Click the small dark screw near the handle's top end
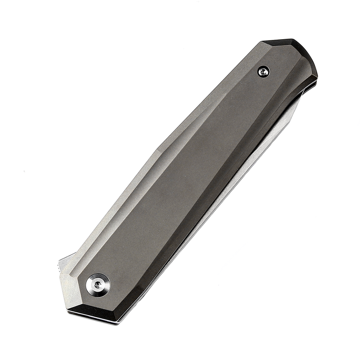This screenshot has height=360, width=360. [264, 71]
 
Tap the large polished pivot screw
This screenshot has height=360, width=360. [98, 284]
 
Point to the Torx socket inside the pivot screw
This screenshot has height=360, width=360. [98, 284]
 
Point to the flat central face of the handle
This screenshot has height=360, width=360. [180, 180]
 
